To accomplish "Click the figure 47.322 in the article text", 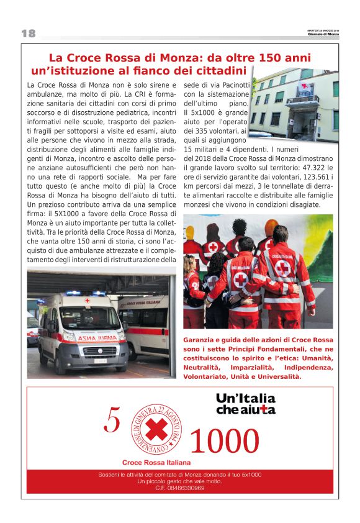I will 307,168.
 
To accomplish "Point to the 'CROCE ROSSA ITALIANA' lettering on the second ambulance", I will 144,305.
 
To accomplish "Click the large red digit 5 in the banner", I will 112,421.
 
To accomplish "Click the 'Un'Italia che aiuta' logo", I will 245,404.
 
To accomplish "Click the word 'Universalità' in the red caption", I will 275,376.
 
